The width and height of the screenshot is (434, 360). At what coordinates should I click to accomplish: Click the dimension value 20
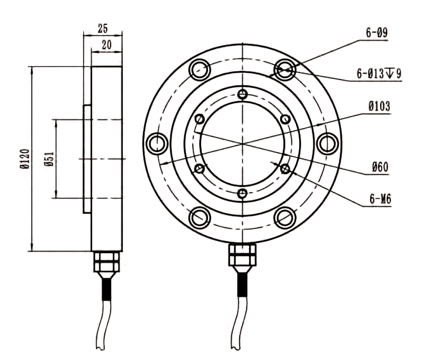106,46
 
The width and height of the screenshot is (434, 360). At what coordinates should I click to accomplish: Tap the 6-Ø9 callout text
377,33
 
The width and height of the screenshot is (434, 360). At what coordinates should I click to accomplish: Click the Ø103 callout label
379,107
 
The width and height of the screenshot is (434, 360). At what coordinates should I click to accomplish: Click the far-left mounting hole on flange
156,143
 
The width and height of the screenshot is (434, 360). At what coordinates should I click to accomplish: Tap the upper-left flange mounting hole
200,69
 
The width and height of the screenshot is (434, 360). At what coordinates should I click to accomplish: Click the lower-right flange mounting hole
285,217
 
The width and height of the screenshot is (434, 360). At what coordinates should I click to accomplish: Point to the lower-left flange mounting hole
200,217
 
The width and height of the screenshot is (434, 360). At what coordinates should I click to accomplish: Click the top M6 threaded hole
242,95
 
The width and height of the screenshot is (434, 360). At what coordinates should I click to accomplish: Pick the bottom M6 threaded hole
242,193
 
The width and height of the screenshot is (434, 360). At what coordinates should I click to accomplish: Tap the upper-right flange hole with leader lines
285,69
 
